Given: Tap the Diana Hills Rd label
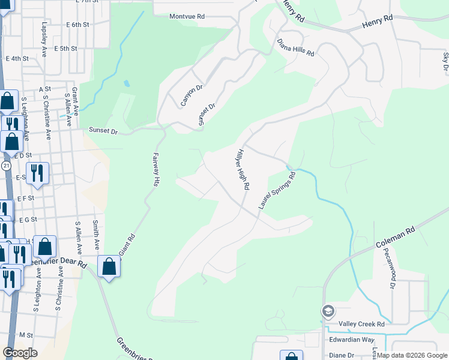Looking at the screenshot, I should [296, 47].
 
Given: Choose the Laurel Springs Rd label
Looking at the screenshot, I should [277, 191].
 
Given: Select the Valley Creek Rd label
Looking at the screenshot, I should [361, 324].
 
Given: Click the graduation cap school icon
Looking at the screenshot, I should [328, 311].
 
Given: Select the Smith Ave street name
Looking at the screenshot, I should [96, 235].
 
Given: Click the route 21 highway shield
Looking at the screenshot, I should [5, 165].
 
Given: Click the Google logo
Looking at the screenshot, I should [20, 353].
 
